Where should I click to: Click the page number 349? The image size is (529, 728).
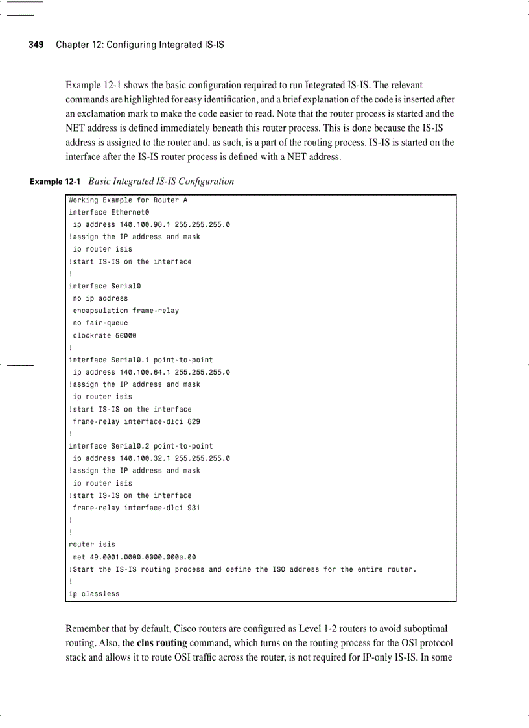click(36, 45)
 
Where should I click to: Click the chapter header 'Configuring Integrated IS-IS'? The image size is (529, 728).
click(165, 45)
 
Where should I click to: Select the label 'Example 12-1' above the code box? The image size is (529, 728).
click(55, 182)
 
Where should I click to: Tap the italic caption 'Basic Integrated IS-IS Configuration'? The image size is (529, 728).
click(161, 182)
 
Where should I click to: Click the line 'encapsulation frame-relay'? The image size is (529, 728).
click(126, 311)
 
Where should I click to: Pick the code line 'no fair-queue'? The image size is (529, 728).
click(100, 323)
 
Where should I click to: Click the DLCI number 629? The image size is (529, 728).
click(193, 422)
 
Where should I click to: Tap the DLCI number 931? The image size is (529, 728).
click(193, 508)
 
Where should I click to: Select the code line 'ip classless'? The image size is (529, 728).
click(94, 594)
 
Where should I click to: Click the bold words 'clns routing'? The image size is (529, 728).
click(162, 643)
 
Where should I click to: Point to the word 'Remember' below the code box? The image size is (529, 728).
click(87, 629)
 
